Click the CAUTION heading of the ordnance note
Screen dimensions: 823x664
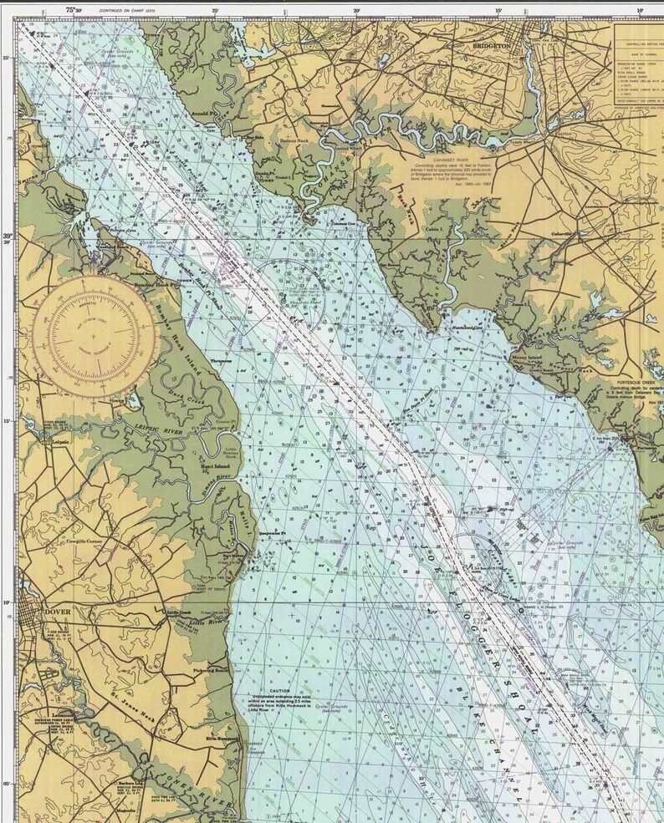[278, 691]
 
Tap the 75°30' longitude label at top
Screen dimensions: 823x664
[74, 10]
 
